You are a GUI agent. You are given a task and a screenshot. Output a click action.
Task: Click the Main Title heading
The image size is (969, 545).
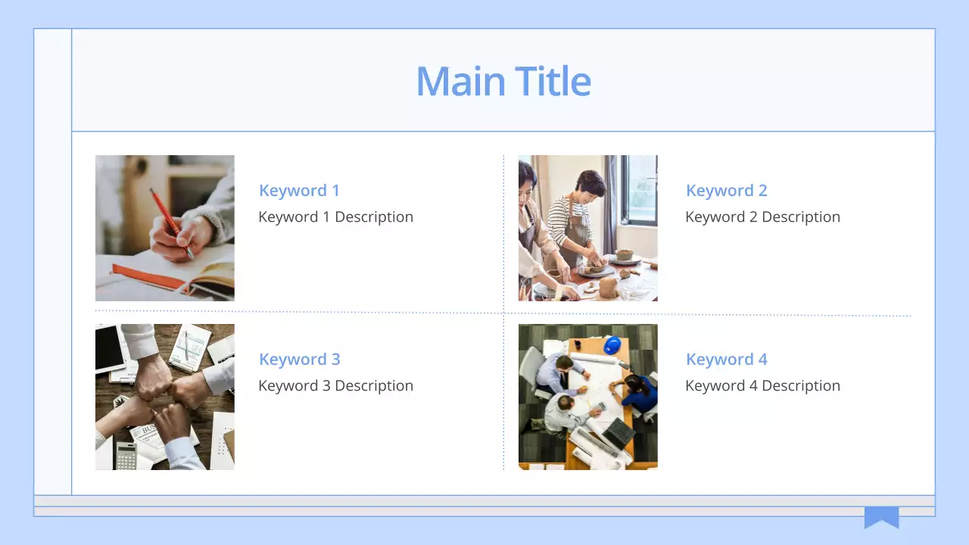[x=503, y=81]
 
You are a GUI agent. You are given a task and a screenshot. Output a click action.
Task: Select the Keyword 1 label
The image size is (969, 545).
[x=299, y=191]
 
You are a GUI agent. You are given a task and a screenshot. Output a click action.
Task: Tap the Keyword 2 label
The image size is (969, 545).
[x=726, y=191]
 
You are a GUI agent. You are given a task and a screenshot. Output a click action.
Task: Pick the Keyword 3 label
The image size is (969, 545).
[x=299, y=360]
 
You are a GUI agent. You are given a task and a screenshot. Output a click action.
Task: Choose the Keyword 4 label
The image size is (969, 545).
[x=726, y=360]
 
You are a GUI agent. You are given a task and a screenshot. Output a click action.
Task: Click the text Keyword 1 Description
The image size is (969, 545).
[x=335, y=217]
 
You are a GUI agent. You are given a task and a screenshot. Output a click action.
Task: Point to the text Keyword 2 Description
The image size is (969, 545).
[x=762, y=217]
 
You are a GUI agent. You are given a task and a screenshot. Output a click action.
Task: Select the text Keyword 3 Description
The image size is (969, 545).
[x=335, y=386]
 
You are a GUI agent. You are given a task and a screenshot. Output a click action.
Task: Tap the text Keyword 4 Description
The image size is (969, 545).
[x=762, y=386]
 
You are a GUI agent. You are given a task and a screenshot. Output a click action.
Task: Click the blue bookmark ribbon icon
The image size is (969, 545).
[x=881, y=517]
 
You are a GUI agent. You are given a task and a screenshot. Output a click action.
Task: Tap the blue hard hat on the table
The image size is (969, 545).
[x=612, y=345]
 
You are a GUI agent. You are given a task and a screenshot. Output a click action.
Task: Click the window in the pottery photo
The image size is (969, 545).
[x=640, y=189]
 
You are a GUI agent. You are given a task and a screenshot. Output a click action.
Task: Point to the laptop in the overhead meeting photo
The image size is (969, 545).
[x=618, y=433]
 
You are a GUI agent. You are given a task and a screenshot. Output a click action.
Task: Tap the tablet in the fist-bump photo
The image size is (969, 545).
[x=110, y=348]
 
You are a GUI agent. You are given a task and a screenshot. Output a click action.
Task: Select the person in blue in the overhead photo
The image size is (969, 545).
[x=640, y=394]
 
